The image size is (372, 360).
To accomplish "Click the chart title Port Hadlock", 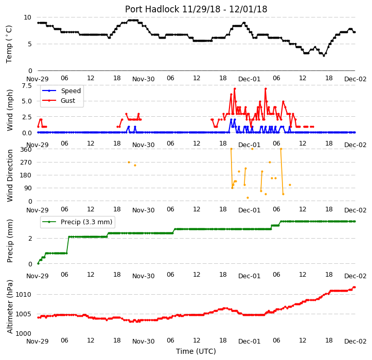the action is (x=152, y=9).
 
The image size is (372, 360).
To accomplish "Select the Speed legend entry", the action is (x=71, y=91).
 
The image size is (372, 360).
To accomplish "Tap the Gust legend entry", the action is (x=68, y=101).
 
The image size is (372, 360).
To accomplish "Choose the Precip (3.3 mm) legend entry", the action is (x=86, y=222).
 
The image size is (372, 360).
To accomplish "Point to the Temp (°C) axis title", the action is (x=9, y=44).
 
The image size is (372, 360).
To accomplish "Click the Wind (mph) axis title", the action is (x=9, y=110).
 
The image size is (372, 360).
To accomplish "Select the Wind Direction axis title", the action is (x=9, y=175).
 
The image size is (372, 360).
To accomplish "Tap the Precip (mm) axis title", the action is (x=9, y=241).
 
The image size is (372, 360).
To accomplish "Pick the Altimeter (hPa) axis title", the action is (x=9, y=307).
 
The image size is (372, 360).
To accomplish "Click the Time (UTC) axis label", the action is (x=196, y=351).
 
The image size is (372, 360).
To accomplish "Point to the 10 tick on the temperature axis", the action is (x=27, y=17).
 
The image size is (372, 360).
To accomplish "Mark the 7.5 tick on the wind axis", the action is (x=27, y=85).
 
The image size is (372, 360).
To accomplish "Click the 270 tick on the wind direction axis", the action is (x=26, y=163).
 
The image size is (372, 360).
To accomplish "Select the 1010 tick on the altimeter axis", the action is (x=24, y=295).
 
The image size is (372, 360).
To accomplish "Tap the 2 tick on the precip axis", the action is (x=30, y=238).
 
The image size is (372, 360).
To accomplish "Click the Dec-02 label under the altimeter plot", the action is (x=356, y=341).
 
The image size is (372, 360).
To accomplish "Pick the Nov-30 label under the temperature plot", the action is (x=144, y=79).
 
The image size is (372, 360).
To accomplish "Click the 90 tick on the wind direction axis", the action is (x=28, y=188).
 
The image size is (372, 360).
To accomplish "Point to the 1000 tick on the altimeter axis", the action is (x=24, y=334).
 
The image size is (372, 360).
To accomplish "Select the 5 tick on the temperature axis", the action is (x=30, y=44).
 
